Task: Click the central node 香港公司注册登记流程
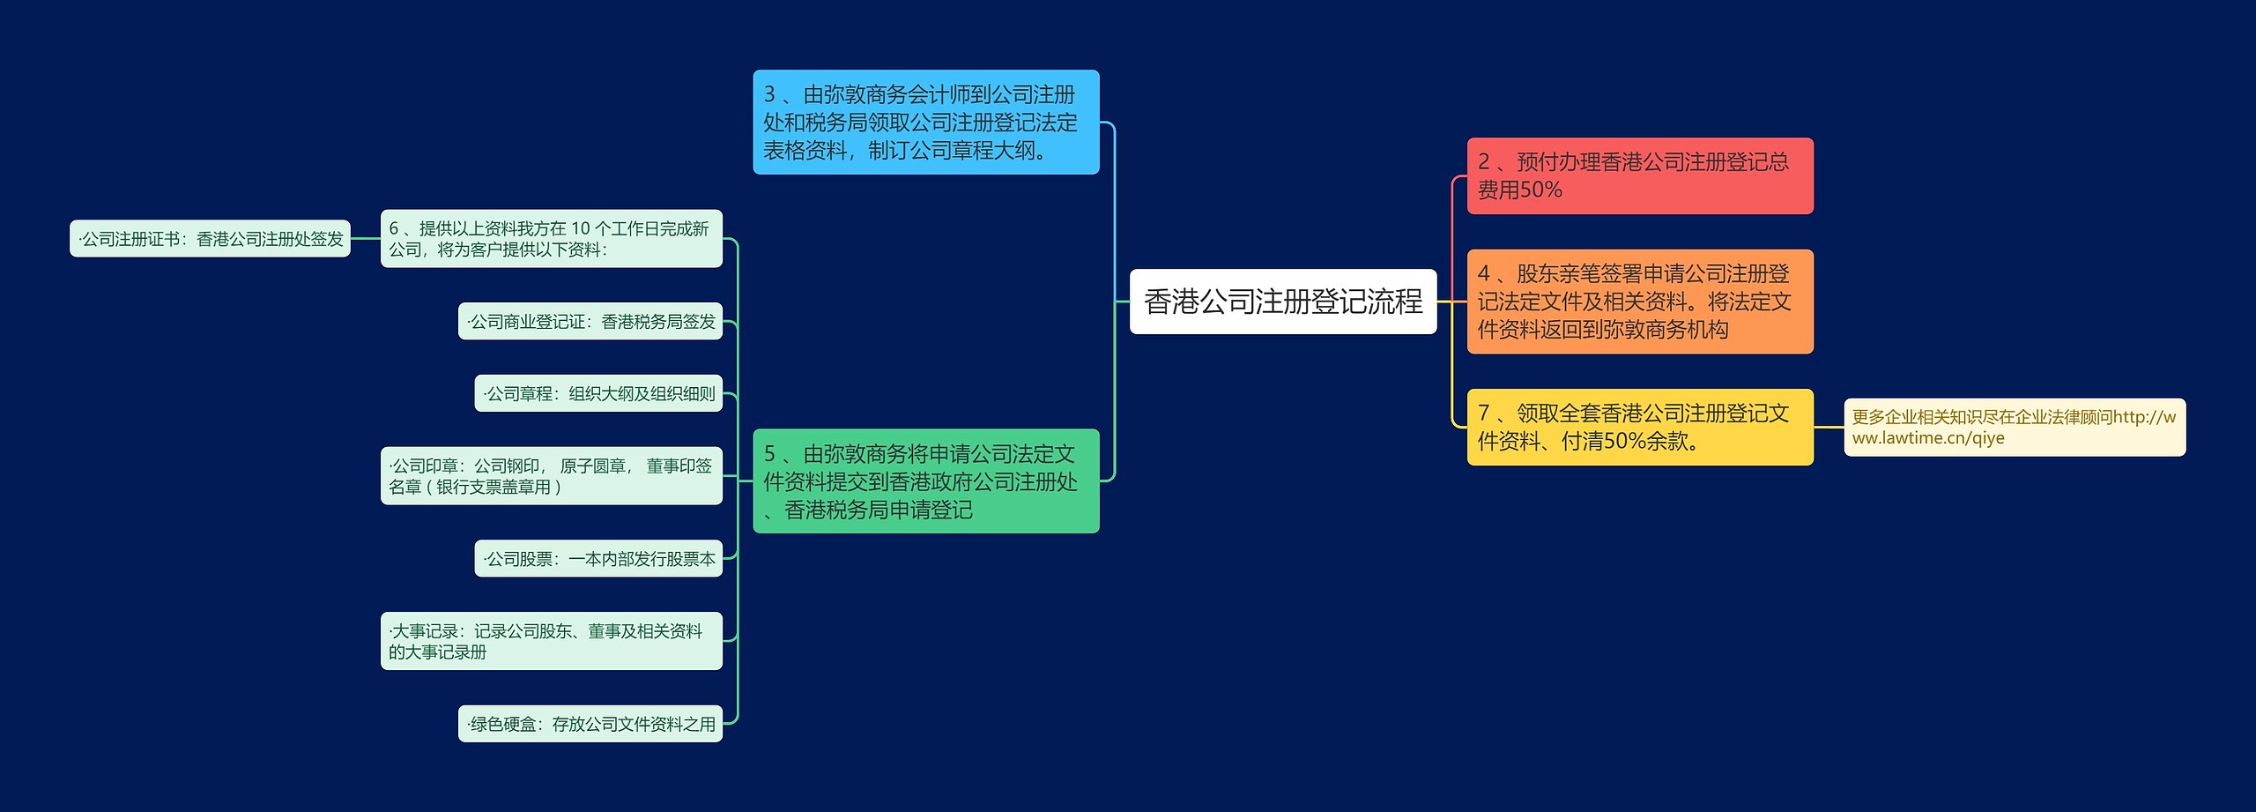1282,302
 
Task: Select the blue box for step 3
925,122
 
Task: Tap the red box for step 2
1639,175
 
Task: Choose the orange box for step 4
1639,302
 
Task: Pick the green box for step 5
925,480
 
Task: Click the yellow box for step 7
1639,427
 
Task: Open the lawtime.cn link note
2014,427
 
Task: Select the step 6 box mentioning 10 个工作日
551,238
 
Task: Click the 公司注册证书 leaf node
210,238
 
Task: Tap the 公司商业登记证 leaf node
590,321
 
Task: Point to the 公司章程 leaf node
597,393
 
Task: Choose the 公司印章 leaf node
551,475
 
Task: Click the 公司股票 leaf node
597,558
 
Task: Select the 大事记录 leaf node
551,641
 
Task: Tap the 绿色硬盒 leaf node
590,724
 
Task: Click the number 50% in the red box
1540,190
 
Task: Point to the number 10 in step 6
580,228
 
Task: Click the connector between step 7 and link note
1829,427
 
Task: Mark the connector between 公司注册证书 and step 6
365,238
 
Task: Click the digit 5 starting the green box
769,453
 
